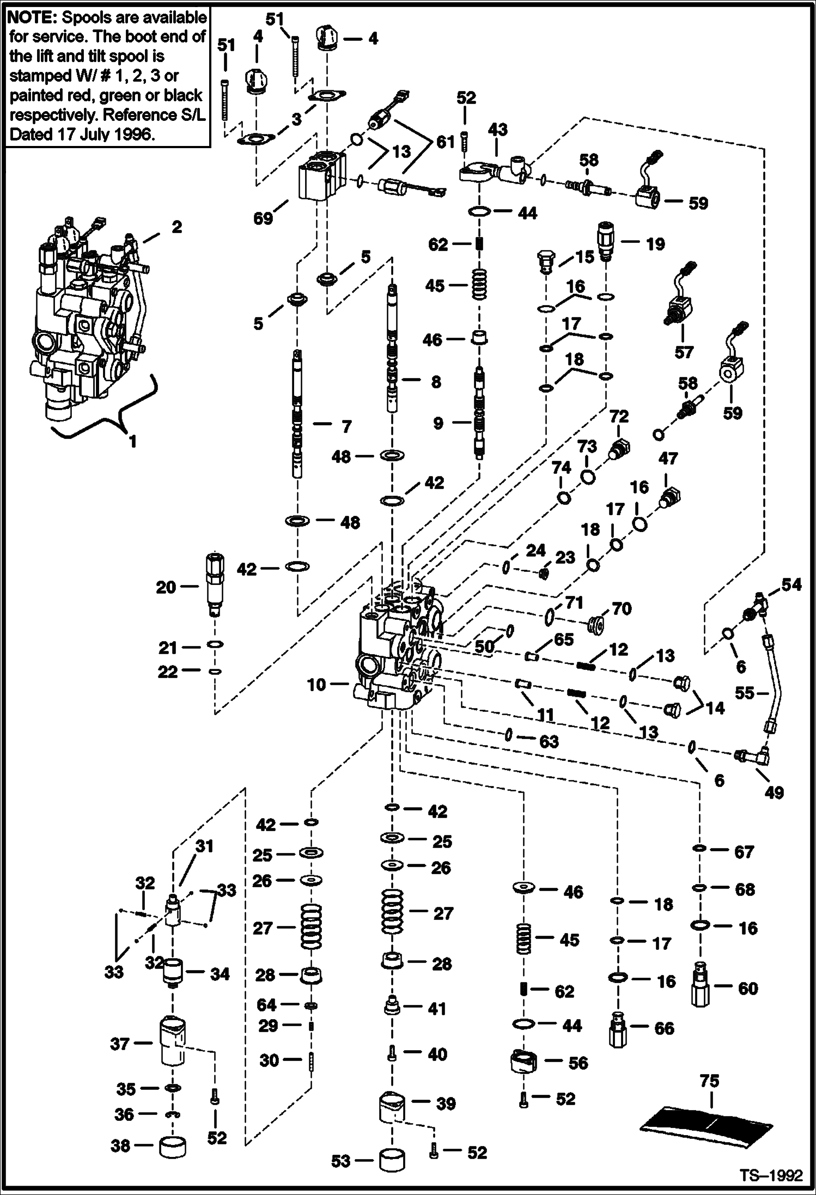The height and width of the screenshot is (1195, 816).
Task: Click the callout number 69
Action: click(263, 218)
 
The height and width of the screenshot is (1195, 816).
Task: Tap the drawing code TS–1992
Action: click(772, 1175)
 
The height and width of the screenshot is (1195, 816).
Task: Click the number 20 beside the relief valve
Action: click(166, 587)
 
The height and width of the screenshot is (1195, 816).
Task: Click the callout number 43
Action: click(497, 130)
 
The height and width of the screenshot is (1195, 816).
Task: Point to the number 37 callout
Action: click(120, 1044)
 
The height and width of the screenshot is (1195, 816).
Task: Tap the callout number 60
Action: click(747, 989)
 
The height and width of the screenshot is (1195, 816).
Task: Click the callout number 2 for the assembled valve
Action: click(176, 227)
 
